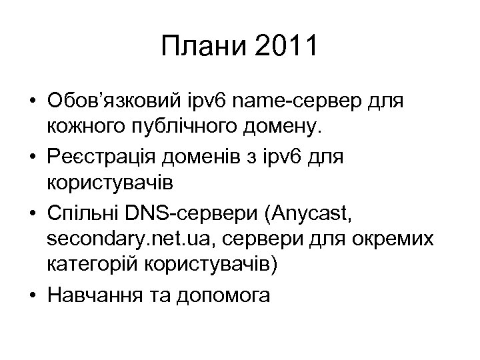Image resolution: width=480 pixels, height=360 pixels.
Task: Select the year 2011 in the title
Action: (x=283, y=48)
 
